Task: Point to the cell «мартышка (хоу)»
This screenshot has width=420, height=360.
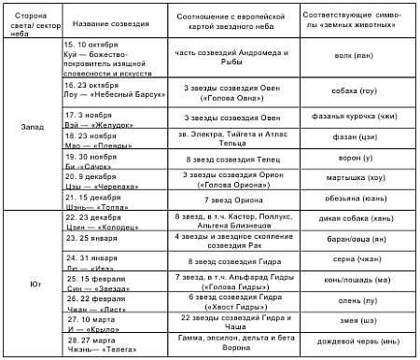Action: pyautogui.click(x=357, y=176)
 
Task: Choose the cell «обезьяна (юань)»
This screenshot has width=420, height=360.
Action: pyautogui.click(x=357, y=199)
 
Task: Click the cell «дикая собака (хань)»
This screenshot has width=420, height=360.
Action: pyautogui.click(x=357, y=220)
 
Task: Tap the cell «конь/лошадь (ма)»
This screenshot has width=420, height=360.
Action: pyautogui.click(x=357, y=282)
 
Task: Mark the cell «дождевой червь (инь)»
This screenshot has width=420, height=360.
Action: pyautogui.click(x=357, y=342)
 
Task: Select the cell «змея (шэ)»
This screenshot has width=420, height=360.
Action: pyautogui.click(x=357, y=321)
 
